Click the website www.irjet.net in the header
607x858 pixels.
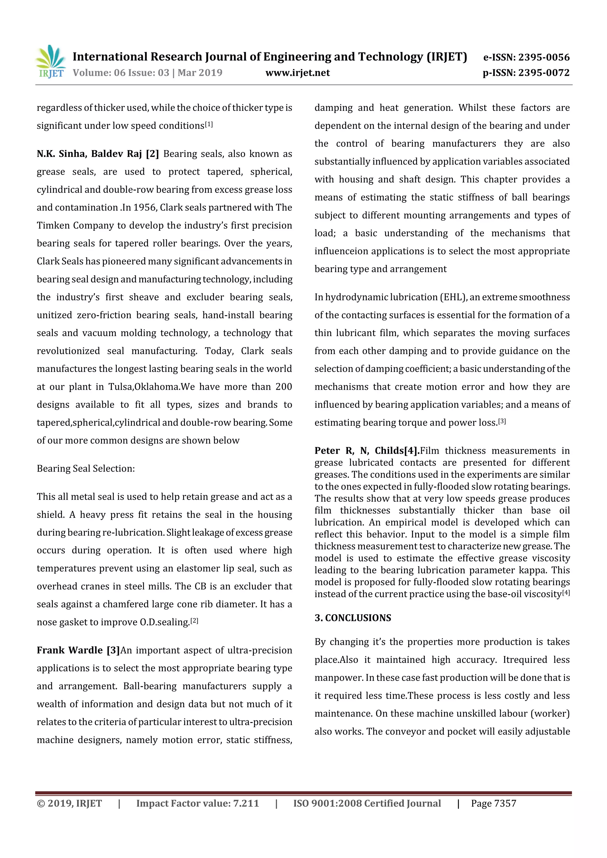pos(298,73)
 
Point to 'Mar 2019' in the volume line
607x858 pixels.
pos(200,73)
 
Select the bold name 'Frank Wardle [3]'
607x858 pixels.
pos(78,650)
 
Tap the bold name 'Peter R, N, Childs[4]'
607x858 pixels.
pos(367,451)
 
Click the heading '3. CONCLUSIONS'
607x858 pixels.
pos(353,618)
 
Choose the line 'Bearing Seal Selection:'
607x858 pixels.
pos(86,469)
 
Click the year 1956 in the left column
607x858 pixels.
pos(145,208)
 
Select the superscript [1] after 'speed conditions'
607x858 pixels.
pos(209,124)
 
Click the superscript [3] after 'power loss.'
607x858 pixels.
pos(502,421)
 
